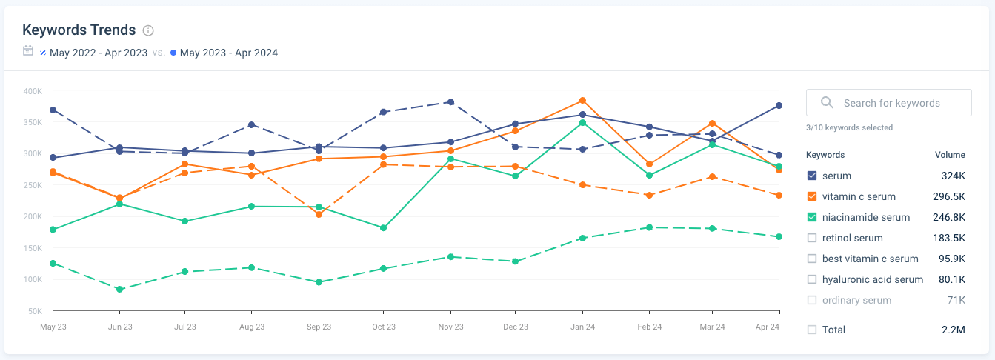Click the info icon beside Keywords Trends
[148, 30]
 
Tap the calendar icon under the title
[28, 51]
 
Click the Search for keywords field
[889, 103]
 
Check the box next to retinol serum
[812, 238]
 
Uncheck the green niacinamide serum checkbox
[812, 217]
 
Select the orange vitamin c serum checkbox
[812, 196]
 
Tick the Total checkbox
[812, 330]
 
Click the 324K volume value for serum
[953, 176]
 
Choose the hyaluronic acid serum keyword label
[873, 279]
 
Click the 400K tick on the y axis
[33, 91]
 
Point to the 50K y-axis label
[34, 310]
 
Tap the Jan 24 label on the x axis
[583, 327]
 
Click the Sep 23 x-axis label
[319, 327]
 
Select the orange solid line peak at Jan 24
[583, 101]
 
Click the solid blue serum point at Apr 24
[779, 106]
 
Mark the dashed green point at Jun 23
[119, 290]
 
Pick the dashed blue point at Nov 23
[450, 102]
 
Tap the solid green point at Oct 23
[384, 228]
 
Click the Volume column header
[950, 155]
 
